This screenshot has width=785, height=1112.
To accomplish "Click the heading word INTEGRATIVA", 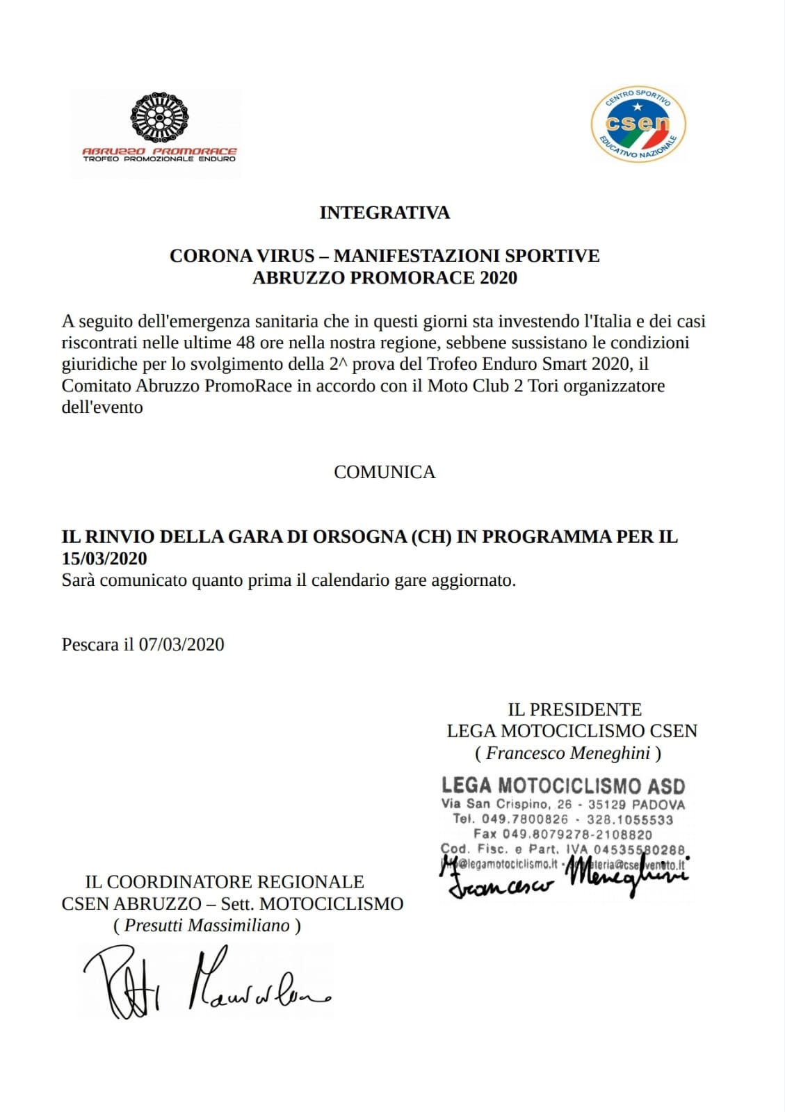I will pyautogui.click(x=385, y=213).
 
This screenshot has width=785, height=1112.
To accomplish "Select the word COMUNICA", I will pyautogui.click(x=385, y=472).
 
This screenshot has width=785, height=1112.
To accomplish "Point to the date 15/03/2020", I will pyautogui.click(x=104, y=559).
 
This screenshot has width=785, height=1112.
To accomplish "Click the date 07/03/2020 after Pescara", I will pyautogui.click(x=181, y=645).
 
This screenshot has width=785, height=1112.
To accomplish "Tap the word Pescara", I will pyautogui.click(x=90, y=645).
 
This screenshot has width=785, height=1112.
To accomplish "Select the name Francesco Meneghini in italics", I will pyautogui.click(x=568, y=753).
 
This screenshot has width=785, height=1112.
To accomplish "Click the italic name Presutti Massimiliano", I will pyautogui.click(x=207, y=926).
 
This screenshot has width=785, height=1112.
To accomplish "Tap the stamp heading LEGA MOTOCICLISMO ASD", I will pyautogui.click(x=563, y=786).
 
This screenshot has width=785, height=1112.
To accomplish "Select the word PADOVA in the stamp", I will pyautogui.click(x=658, y=805).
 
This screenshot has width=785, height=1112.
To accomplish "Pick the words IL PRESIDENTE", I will pyautogui.click(x=574, y=710).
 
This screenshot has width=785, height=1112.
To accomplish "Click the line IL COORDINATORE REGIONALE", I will pyautogui.click(x=225, y=882).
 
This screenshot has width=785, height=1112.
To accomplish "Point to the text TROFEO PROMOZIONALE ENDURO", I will pyautogui.click(x=159, y=159).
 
